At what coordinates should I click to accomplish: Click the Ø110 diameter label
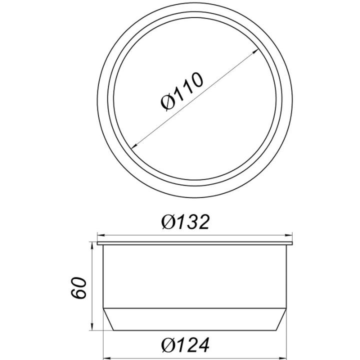coord(181,91)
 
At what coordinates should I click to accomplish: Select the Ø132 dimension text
coord(185,222)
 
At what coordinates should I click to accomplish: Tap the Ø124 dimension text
coord(185,345)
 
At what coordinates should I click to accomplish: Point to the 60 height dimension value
coord(78,288)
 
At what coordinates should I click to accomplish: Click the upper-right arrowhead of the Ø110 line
coord(255,52)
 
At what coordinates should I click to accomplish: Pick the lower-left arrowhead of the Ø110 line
coord(134,145)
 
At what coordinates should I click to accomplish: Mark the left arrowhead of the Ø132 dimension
coord(101,235)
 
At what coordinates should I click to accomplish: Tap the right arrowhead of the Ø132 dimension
coord(288,235)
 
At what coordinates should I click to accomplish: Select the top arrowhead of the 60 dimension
coord(92,245)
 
